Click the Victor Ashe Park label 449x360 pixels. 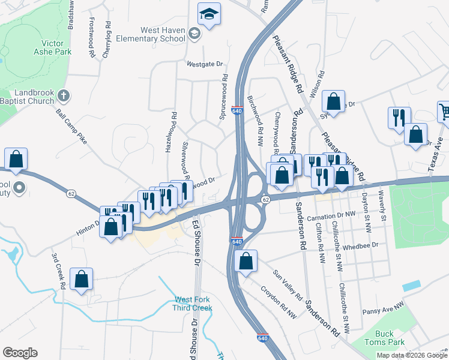click(56, 47)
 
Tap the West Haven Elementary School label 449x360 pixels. click(162, 34)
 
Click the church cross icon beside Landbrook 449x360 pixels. click(64, 95)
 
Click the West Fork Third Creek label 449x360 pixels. click(193, 304)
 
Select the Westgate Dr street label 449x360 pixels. click(204, 64)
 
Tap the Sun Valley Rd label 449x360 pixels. click(287, 285)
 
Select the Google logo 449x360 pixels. click(20, 353)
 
